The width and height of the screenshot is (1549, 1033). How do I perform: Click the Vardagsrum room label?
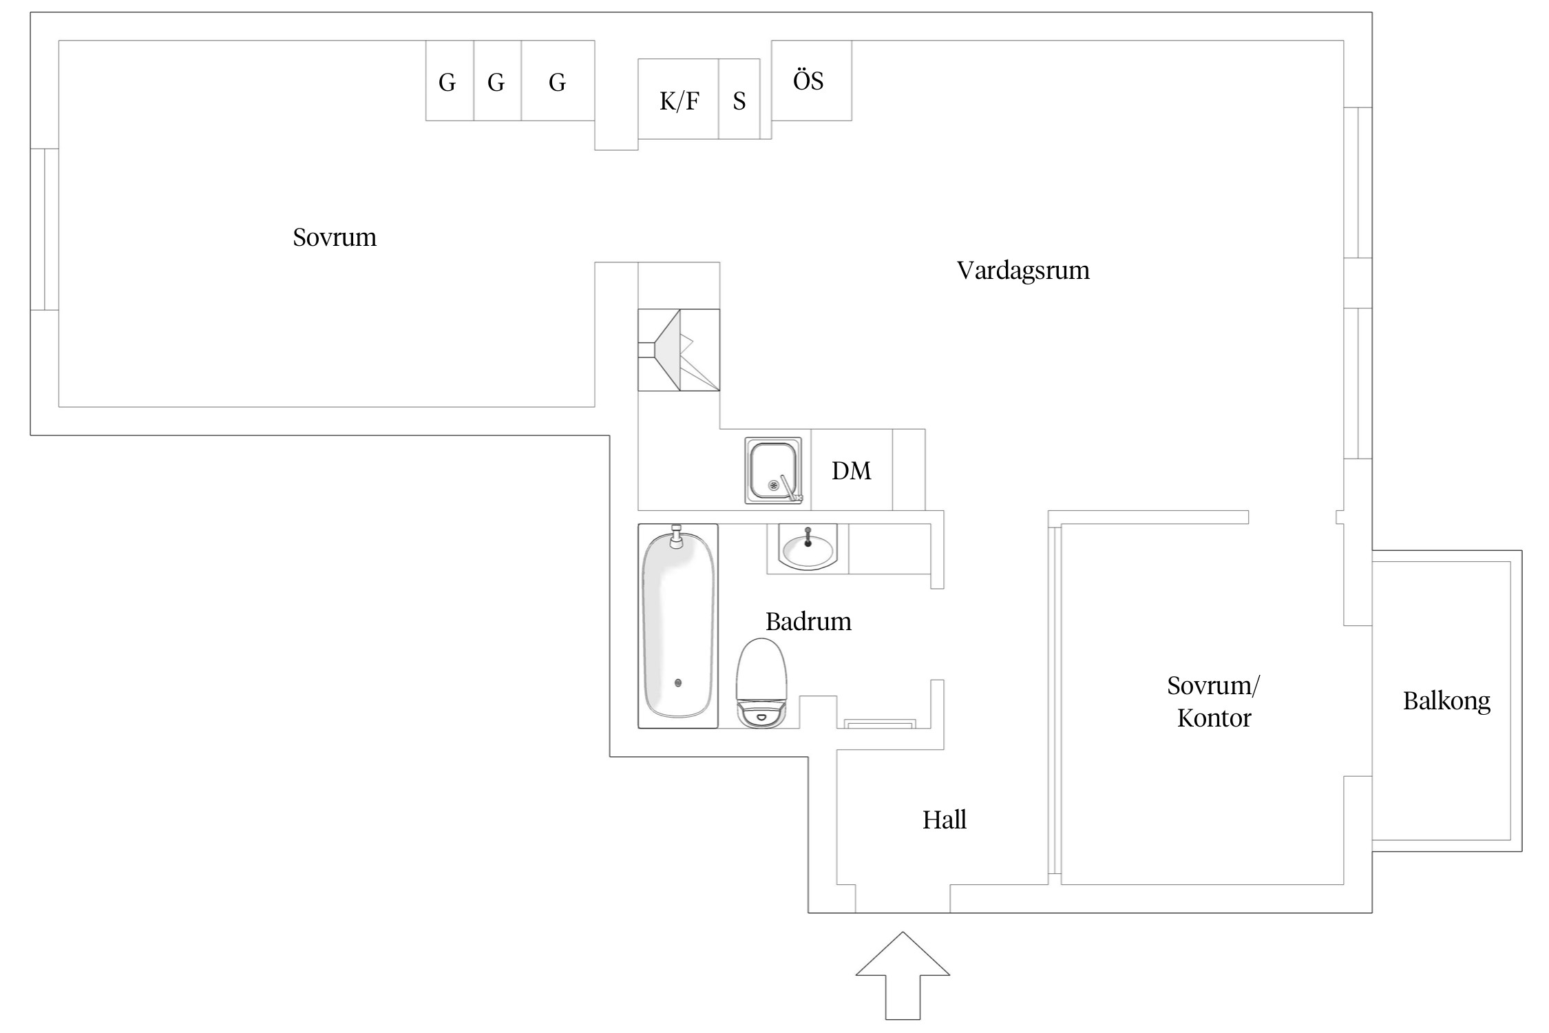pyautogui.click(x=1023, y=271)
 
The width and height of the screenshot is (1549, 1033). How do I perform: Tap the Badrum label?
pyautogui.click(x=808, y=622)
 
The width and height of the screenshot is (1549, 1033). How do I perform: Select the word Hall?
pyautogui.click(x=944, y=820)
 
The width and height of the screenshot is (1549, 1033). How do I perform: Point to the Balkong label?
pyautogui.click(x=1446, y=701)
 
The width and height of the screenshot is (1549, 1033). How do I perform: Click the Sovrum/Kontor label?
pyautogui.click(x=1213, y=702)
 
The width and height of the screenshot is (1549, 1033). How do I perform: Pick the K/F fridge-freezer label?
pyautogui.click(x=679, y=101)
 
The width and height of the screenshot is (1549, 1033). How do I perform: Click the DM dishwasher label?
pyautogui.click(x=851, y=471)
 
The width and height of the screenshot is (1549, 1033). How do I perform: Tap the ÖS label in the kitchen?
pyautogui.click(x=808, y=81)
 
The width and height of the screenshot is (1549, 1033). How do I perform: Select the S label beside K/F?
pyautogui.click(x=739, y=101)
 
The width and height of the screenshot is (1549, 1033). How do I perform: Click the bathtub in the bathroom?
pyautogui.click(x=677, y=625)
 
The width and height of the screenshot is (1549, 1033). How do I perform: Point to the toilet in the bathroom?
pyautogui.click(x=761, y=682)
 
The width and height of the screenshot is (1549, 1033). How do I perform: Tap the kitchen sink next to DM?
pyautogui.click(x=772, y=470)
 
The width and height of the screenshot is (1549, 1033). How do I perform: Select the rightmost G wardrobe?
pyautogui.click(x=557, y=83)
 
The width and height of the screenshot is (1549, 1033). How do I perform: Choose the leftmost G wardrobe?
pyautogui.click(x=447, y=83)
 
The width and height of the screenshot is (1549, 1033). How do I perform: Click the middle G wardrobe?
pyautogui.click(x=496, y=83)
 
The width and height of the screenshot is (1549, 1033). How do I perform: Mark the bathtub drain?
pyautogui.click(x=678, y=682)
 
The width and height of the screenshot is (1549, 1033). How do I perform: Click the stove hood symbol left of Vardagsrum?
pyautogui.click(x=678, y=350)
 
